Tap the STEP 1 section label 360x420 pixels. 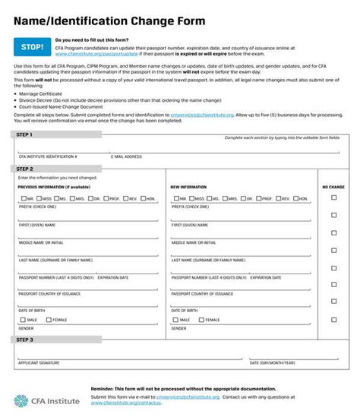25,135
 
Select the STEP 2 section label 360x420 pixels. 25,169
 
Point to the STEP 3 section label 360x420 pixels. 25,339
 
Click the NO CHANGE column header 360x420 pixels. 333,186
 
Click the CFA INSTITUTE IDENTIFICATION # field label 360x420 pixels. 47,156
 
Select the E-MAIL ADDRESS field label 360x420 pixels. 126,156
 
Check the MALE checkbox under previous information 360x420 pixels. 23,320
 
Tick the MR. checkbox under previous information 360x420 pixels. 23,197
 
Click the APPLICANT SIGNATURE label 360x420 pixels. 39,363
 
